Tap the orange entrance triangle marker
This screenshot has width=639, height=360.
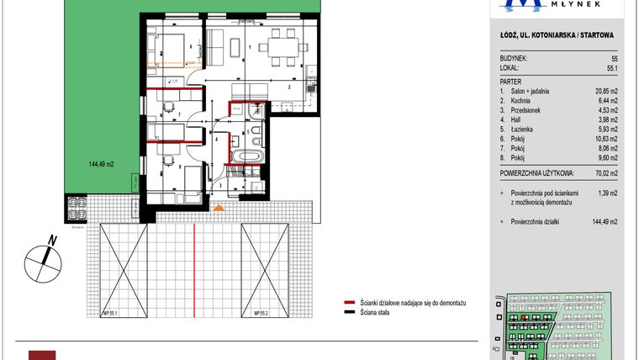[219, 208]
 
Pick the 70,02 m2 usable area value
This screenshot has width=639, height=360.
[604, 174]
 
